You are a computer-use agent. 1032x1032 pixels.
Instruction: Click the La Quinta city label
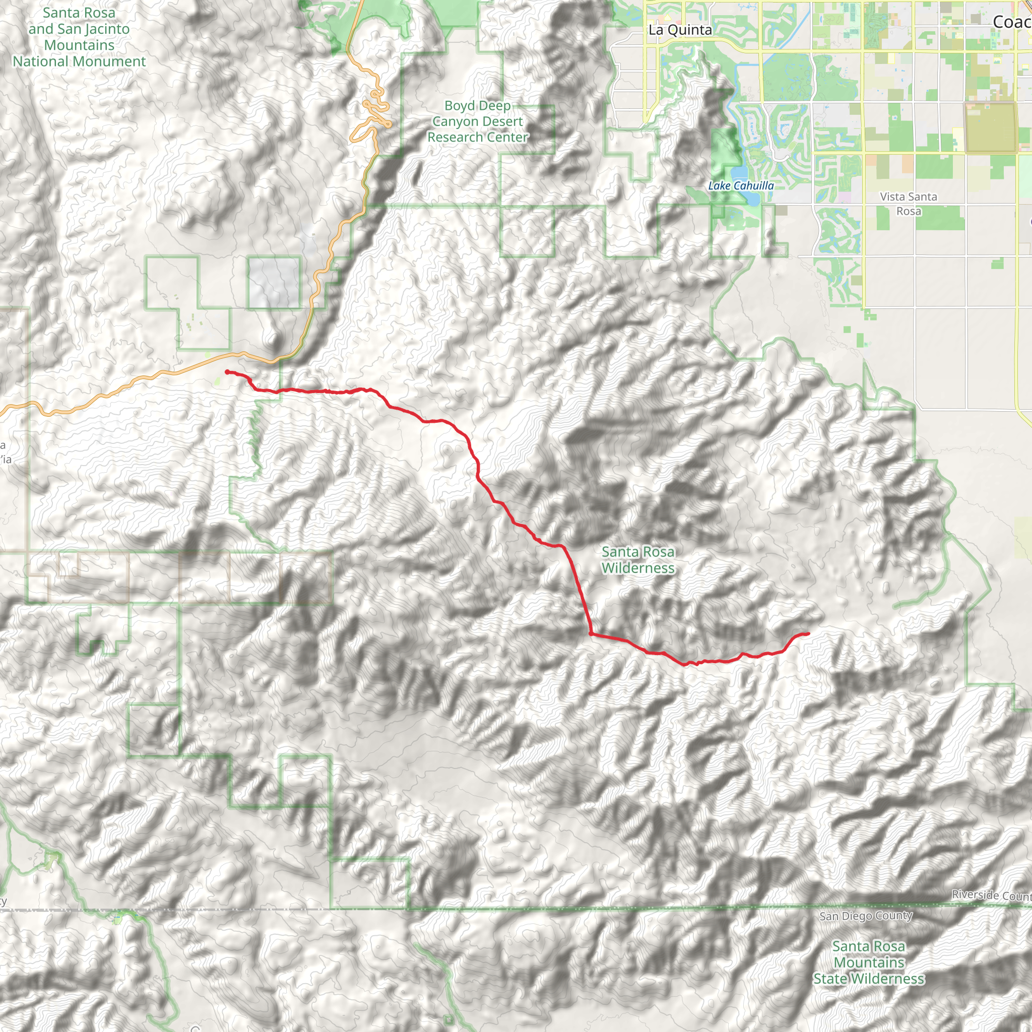(x=679, y=30)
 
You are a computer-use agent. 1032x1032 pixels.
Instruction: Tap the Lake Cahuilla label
(x=740, y=185)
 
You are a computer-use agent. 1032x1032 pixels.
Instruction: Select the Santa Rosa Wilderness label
(x=638, y=559)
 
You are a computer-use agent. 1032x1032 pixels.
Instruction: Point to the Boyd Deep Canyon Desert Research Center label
(x=477, y=121)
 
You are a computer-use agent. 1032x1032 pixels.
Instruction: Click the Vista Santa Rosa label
(x=908, y=204)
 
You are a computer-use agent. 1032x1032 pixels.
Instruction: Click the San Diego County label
(x=865, y=916)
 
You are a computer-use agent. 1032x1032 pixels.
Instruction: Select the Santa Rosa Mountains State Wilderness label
(x=869, y=962)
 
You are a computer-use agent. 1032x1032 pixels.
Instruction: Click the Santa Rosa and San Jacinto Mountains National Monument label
(x=79, y=37)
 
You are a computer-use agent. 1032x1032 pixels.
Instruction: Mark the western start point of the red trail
(x=227, y=372)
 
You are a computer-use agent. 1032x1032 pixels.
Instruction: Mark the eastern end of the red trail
(x=808, y=633)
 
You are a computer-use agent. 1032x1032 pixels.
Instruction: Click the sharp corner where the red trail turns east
(x=591, y=633)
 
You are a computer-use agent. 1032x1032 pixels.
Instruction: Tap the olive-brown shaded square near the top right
(x=990, y=127)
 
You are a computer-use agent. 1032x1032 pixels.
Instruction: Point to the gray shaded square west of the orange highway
(x=274, y=282)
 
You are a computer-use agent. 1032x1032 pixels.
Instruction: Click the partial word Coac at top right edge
(x=1011, y=21)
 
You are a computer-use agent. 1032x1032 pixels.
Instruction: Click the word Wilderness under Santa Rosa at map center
(x=638, y=568)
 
